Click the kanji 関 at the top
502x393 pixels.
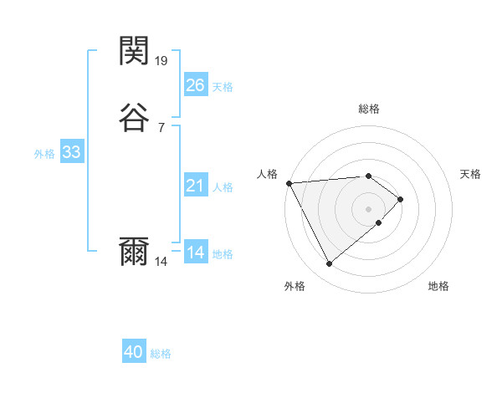(x=135, y=52)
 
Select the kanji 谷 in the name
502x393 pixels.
(x=135, y=118)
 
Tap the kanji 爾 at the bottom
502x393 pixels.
(x=135, y=252)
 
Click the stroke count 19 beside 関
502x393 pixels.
(x=161, y=60)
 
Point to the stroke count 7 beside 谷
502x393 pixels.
(x=161, y=127)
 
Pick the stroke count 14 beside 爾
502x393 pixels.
(x=161, y=261)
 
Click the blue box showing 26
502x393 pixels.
(x=195, y=84)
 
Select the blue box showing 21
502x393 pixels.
(x=195, y=185)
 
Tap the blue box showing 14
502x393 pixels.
(x=195, y=252)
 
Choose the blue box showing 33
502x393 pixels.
(x=71, y=152)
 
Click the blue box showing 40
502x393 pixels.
(x=134, y=352)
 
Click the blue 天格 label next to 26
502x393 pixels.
(x=223, y=87)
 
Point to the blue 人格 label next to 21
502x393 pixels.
(x=223, y=187)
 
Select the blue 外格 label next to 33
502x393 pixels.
(x=44, y=154)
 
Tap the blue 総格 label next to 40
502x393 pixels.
(x=161, y=355)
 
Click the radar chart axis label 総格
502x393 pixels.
(x=369, y=109)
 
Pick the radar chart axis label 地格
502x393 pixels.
(x=438, y=286)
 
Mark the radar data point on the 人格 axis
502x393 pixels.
(x=289, y=182)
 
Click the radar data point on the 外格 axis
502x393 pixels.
(x=329, y=264)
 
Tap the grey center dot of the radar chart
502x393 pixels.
(x=369, y=208)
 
